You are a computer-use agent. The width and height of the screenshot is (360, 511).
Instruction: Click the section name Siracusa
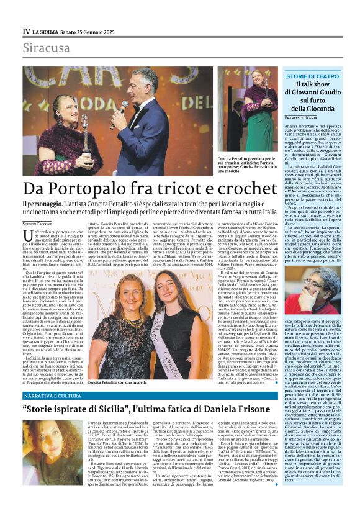pyautogui.click(x=44, y=47)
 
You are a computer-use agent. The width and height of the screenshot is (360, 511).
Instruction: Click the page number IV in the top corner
pyautogui.click(x=26, y=31)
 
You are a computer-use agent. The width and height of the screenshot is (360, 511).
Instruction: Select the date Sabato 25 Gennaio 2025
pyautogui.click(x=91, y=31)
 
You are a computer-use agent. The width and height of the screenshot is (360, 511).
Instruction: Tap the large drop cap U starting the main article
pyautogui.click(x=29, y=235)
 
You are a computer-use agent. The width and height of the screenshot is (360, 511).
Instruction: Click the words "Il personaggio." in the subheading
pyautogui.click(x=45, y=204)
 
